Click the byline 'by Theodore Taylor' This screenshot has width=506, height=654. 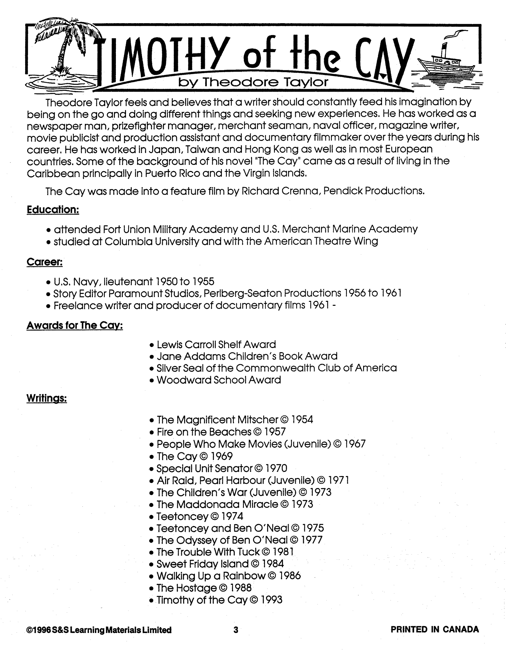tap(253, 82)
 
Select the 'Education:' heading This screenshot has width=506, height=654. tap(53, 210)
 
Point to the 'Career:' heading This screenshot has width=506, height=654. tap(45, 262)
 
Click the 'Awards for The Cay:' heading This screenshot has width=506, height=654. tap(75, 325)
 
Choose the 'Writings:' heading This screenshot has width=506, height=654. tap(46, 398)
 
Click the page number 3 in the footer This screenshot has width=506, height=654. tap(236, 630)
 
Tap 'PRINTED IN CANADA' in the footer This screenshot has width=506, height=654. tap(435, 630)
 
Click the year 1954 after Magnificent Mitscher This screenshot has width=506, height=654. tap(302, 420)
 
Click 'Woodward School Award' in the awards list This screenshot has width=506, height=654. tap(219, 380)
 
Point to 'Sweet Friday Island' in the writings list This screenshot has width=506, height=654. tap(203, 564)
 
